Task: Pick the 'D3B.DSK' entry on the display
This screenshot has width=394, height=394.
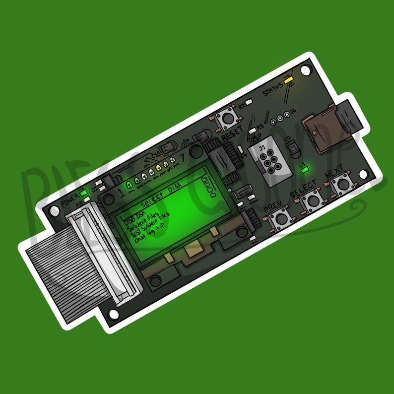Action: coord(134,218)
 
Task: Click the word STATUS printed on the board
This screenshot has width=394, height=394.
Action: coord(272,92)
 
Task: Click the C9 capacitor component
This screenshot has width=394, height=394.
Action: coord(292,146)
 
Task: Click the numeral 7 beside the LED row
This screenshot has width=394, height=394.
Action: coord(185,158)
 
